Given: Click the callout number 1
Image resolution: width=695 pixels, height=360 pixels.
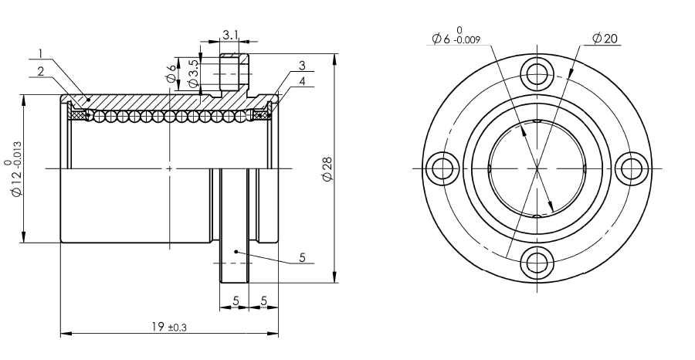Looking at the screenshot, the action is pos(40,53).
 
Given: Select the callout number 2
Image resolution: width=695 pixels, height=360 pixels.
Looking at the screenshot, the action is pos(41,71).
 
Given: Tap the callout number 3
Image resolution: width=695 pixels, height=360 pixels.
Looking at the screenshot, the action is pos(302,66).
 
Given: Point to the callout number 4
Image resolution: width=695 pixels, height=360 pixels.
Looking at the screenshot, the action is pos(302,81).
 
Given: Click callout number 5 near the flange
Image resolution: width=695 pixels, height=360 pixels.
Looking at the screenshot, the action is pos(302,257).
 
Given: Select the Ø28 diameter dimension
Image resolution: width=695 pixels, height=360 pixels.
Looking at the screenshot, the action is pos(328,169).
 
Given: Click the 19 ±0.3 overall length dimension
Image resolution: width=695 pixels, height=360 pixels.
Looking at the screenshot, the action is pos(169,328).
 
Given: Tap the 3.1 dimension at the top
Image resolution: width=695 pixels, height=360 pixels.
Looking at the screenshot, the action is pos(230,35).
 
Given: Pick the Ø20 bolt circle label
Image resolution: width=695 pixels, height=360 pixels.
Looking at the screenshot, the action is pos(605,39).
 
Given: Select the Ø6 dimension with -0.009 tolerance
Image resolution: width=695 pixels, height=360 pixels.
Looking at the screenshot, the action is pos(456,36).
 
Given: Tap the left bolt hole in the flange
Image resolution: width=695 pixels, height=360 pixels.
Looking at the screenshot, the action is pos(442,168).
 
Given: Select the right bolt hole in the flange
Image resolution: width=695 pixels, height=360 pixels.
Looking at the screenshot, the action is pos(632,168).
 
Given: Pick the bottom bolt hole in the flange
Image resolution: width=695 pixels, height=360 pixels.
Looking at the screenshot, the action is pos(537,263).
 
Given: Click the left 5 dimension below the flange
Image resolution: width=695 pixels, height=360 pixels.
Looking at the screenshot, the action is pos(236,301).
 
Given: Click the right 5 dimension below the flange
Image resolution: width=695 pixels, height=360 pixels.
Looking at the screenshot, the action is pos(264,301).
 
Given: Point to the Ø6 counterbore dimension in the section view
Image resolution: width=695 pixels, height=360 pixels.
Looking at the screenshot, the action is pos(171,74).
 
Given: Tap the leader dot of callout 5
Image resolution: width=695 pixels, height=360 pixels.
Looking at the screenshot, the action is pos(236,252).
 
